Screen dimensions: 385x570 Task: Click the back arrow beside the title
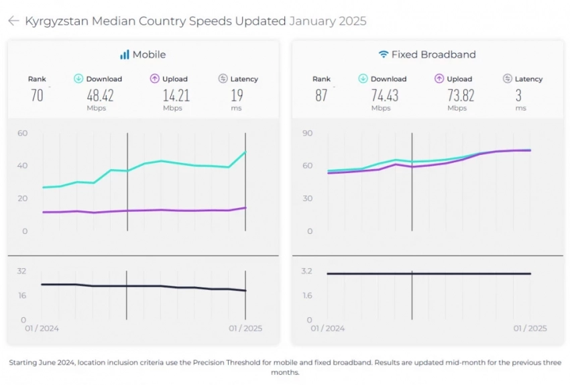(13, 21)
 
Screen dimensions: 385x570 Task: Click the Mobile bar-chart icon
(124, 54)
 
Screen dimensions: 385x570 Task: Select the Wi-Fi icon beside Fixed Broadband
(383, 54)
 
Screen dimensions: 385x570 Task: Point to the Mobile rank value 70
(37, 95)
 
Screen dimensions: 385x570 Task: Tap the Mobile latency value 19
(237, 95)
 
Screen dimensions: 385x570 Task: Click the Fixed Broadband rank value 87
(321, 95)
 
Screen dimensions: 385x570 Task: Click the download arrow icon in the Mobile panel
(78, 78)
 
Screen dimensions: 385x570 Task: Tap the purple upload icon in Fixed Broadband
(440, 78)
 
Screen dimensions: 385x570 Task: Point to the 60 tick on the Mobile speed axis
(23, 133)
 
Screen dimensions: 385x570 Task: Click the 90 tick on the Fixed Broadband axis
(307, 133)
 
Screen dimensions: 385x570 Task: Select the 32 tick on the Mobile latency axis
(22, 271)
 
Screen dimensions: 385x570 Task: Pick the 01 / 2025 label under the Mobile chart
(245, 328)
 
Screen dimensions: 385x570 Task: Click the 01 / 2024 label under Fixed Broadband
(327, 328)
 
